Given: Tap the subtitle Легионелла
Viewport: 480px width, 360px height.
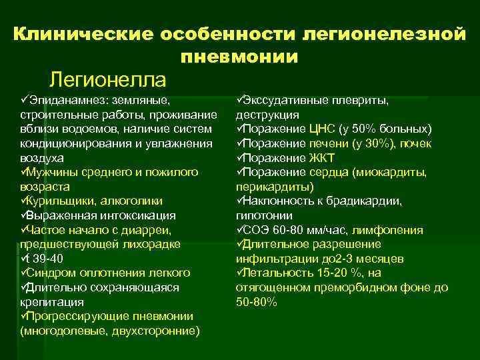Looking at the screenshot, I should tap(107, 80).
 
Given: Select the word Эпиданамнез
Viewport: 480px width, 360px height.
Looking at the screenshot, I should tap(65, 100).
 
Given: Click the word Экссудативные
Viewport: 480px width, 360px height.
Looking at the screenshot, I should tap(286, 100).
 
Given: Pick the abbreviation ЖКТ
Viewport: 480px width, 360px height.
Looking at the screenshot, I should tap(322, 158).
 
